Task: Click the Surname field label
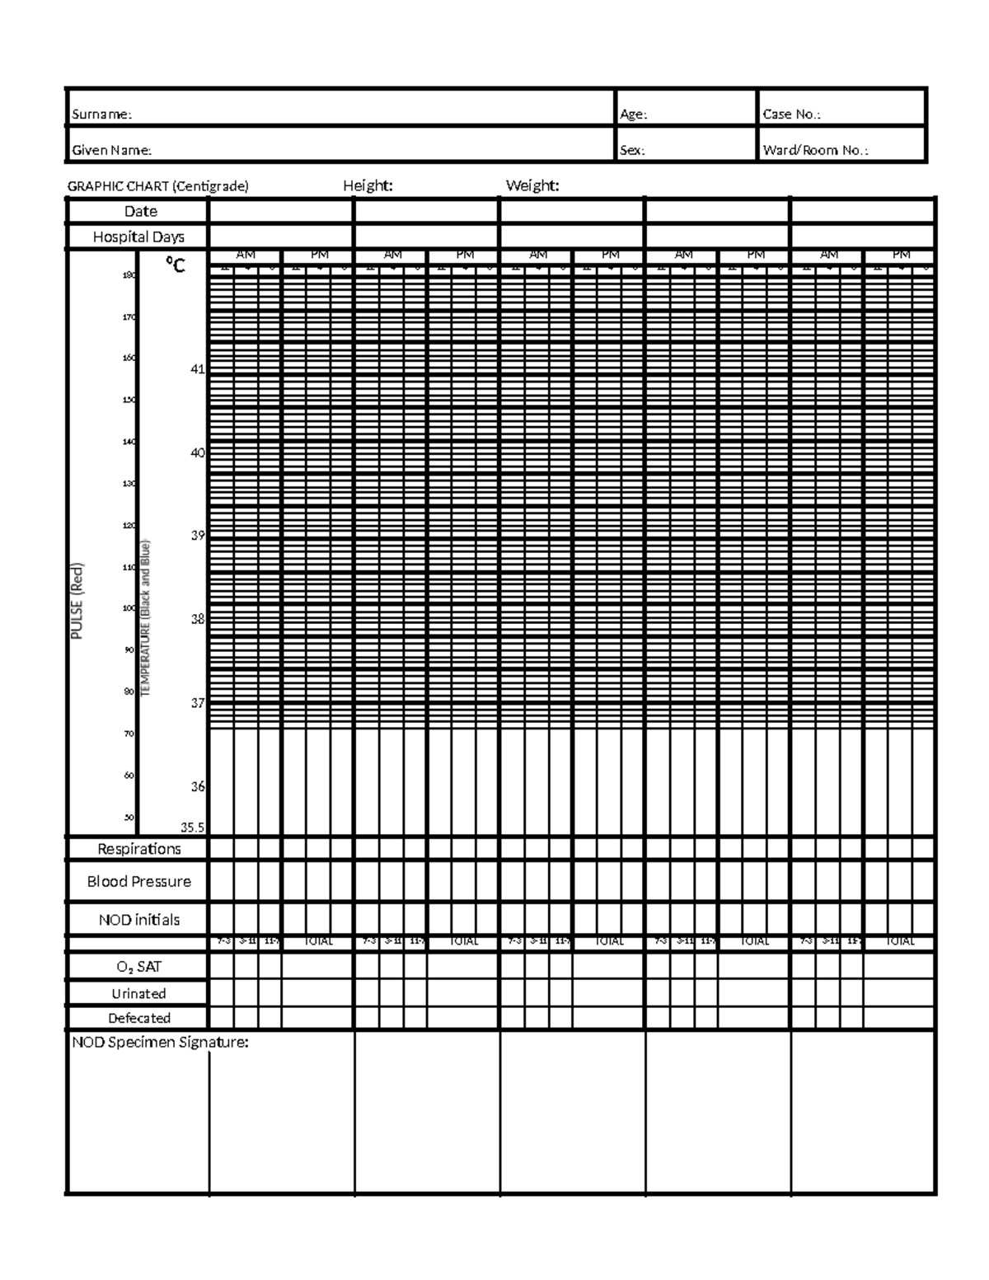pos(101,115)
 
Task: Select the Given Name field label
pos(111,151)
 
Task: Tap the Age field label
pos(633,115)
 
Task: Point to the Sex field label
pos(632,151)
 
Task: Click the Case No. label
pos(791,115)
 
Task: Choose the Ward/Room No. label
pos(815,151)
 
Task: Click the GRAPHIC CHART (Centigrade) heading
pos(157,186)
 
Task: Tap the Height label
pos(368,185)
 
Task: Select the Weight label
pos(532,185)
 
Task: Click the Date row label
pos(140,212)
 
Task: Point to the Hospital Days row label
pos(138,237)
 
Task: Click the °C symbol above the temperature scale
pos(175,265)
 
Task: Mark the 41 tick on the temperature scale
pos(197,369)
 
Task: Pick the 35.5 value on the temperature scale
pos(193,828)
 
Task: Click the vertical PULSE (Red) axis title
pos(77,601)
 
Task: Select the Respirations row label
pos(138,849)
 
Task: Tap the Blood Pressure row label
pos(138,882)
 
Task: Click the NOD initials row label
pos(138,920)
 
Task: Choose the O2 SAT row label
pos(138,967)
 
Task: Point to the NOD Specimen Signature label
pos(160,1043)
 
